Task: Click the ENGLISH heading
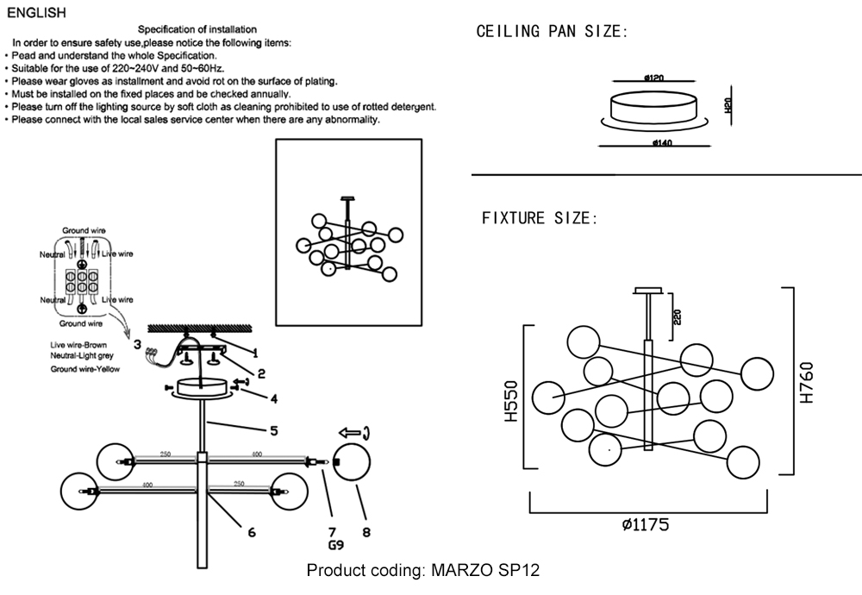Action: pos(35,13)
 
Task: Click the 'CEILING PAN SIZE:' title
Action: pos(553,32)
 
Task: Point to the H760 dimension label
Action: pos(807,382)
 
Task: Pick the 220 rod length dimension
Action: pos(678,316)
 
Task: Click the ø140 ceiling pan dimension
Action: pos(663,142)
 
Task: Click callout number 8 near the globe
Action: pos(366,532)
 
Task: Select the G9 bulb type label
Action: pos(336,546)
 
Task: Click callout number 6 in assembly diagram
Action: pos(252,532)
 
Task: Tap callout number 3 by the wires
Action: pos(137,344)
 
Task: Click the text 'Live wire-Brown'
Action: pos(78,345)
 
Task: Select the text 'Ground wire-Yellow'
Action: pos(84,368)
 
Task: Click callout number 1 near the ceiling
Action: pos(255,352)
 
